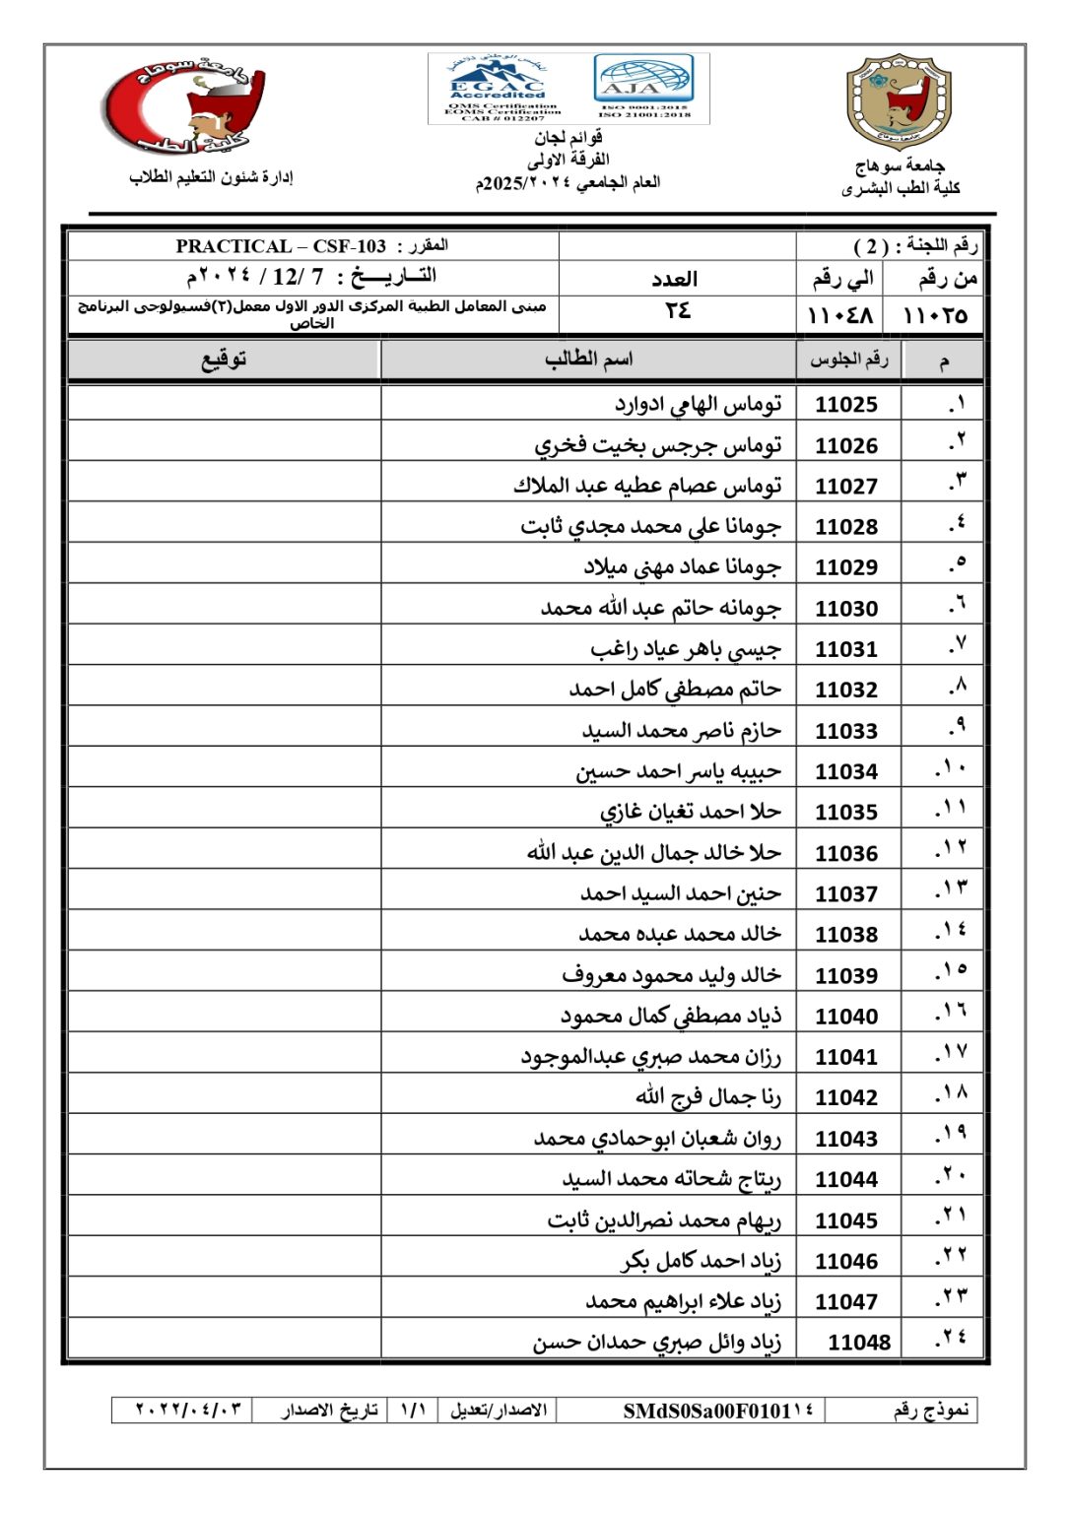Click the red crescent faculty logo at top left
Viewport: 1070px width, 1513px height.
185,106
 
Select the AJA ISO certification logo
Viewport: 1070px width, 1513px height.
644,88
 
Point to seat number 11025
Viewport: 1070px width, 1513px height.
846,405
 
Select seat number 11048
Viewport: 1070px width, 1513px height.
858,1343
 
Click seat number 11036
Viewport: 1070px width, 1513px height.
846,854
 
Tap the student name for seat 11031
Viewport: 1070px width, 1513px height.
686,649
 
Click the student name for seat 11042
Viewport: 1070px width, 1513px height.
707,1096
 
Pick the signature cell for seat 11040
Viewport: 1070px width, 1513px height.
225,1016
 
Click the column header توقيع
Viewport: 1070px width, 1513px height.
224,360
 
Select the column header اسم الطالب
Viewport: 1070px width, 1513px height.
588,360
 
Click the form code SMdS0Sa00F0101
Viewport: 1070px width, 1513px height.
717,1411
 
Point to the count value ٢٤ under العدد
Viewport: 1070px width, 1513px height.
677,312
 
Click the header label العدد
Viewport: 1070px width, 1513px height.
675,279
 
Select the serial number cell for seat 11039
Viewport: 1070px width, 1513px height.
951,973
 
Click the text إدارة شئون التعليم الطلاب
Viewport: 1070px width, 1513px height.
211,177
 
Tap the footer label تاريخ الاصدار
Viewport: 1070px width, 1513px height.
330,1411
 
